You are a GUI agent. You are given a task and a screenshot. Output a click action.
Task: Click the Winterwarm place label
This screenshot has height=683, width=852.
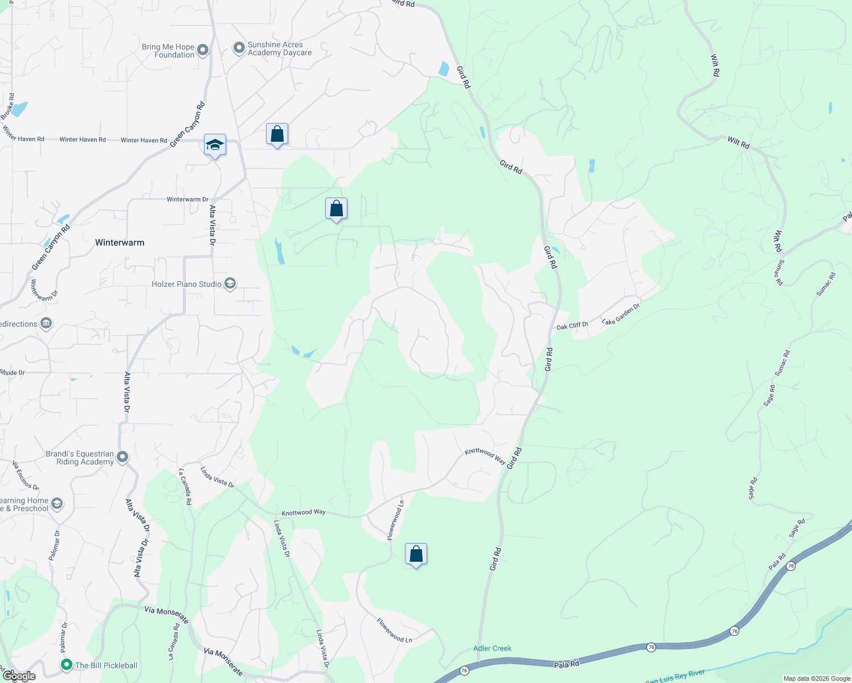(120, 242)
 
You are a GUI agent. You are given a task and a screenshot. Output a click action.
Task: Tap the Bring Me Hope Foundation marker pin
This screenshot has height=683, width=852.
(202, 51)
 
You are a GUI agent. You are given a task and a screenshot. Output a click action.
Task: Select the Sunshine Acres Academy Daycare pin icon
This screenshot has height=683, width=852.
(239, 48)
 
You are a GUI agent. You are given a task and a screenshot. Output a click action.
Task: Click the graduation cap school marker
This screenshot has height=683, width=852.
(215, 146)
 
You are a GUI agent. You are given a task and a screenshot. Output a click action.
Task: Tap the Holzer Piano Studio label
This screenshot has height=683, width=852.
(186, 284)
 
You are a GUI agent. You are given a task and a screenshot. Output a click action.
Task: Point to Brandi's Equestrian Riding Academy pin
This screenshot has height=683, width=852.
(122, 457)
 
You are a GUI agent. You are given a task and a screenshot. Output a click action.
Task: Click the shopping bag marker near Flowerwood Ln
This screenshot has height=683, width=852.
(416, 554)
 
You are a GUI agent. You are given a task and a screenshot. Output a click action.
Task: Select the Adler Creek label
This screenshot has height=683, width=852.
(492, 648)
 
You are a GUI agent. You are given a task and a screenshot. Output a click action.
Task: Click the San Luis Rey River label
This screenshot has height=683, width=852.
(675, 677)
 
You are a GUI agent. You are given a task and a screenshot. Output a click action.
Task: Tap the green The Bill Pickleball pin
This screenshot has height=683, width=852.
(67, 665)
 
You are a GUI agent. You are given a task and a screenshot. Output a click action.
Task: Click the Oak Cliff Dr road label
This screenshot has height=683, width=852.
(572, 326)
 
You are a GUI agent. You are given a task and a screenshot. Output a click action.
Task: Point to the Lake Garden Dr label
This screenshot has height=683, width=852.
(621, 314)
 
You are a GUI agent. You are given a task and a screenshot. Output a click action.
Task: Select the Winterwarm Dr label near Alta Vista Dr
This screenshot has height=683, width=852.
(187, 199)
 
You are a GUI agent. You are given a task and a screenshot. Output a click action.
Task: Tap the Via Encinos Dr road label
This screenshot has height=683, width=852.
(26, 476)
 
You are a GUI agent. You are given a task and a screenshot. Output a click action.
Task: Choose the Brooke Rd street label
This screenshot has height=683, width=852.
(8, 106)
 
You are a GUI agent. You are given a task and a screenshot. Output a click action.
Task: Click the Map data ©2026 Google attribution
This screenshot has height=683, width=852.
(817, 678)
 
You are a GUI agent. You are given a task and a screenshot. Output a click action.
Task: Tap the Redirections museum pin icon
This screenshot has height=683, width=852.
(47, 324)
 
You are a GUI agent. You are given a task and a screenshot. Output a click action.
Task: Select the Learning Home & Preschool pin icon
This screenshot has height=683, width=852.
(56, 504)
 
